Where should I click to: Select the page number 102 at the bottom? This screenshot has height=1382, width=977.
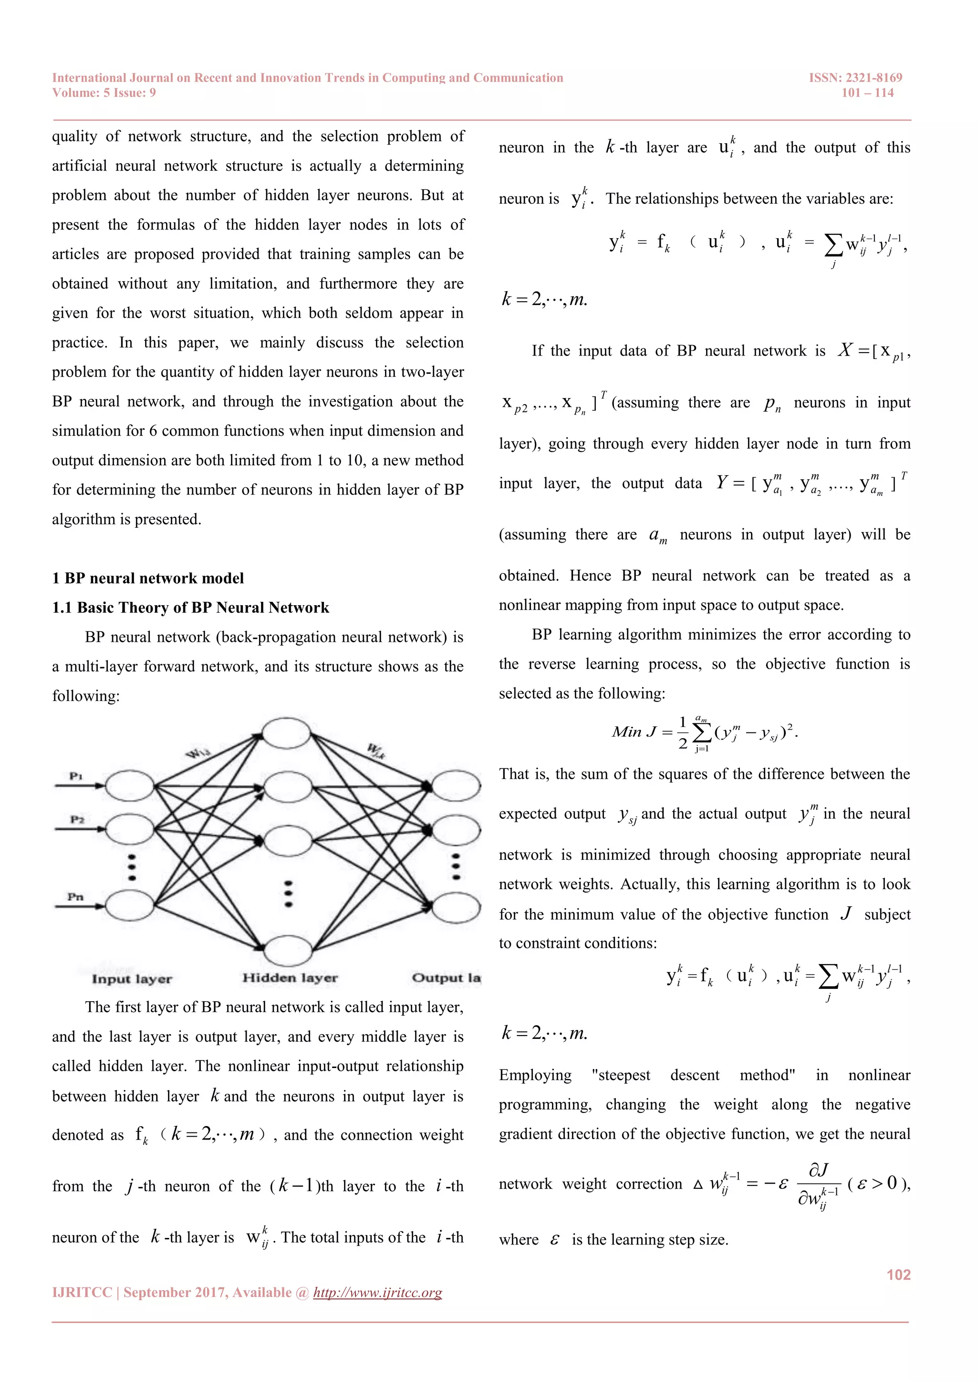898,1274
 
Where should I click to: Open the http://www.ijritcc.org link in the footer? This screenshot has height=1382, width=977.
377,1292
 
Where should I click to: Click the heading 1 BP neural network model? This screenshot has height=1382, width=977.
148,578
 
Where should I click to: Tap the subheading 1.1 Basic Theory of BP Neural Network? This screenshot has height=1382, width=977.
191,607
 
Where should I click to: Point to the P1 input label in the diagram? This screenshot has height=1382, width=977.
76,775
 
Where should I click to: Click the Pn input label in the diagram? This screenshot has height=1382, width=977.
76,897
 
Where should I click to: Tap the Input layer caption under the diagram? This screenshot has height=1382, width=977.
132,979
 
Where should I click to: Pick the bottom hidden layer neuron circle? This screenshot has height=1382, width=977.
288,951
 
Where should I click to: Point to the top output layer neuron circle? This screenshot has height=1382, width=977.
456,785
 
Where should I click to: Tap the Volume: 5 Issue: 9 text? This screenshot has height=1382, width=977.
104,93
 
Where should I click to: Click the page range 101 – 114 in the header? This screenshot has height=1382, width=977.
867,93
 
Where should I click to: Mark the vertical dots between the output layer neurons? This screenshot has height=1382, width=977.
456,867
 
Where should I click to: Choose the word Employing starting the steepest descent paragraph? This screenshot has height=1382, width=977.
535,1075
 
